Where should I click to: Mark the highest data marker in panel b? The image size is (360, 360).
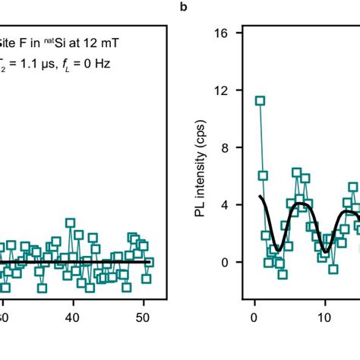[x=260, y=100]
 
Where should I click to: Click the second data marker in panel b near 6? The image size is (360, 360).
[x=263, y=175]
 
